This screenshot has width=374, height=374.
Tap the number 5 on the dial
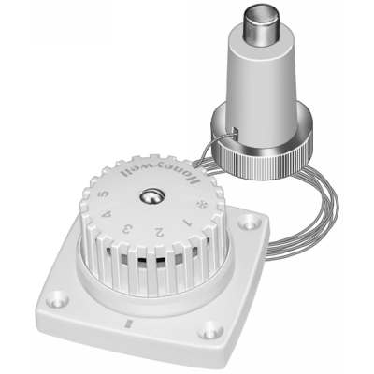point(102,194)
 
